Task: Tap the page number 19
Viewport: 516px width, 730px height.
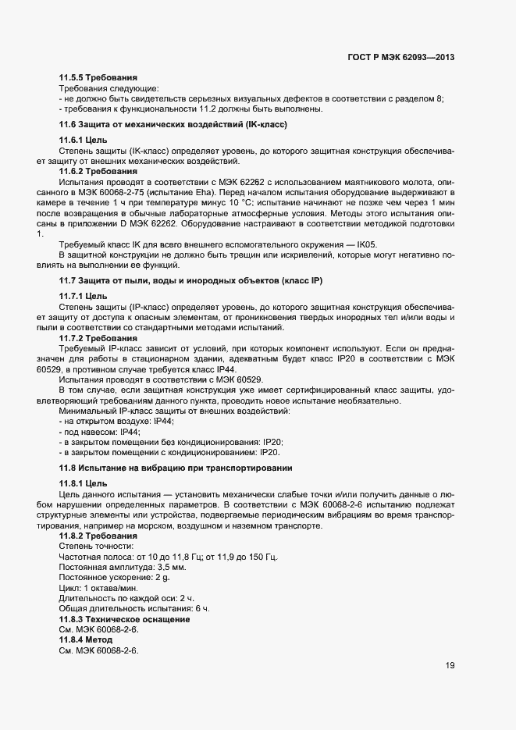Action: [450, 666]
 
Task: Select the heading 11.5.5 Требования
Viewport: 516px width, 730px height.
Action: [98, 78]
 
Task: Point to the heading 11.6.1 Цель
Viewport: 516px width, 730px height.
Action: [84, 141]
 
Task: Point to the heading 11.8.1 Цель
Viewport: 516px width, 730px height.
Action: [84, 483]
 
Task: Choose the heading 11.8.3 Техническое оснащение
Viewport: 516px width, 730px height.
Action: [125, 619]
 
